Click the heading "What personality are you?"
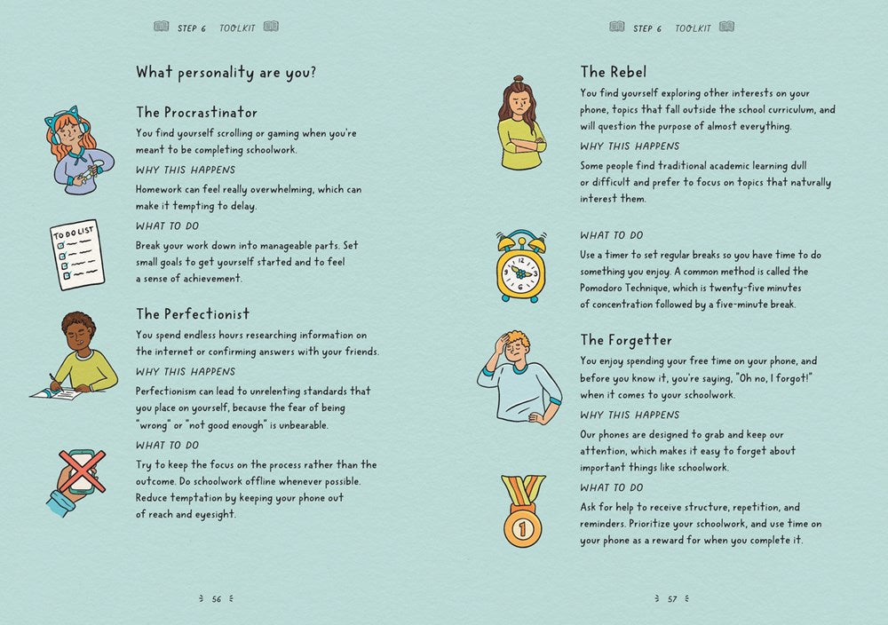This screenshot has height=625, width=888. coord(226,73)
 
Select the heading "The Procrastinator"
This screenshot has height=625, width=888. coord(196,113)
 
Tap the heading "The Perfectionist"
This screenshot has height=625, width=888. coord(193,314)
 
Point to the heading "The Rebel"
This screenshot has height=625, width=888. coord(614,72)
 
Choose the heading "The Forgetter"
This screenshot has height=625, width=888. coord(626,340)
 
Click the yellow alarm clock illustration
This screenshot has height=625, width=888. coord(521,266)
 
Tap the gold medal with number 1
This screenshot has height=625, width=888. coord(523,512)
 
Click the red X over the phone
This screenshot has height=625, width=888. coord(82,471)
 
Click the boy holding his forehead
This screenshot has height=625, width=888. coord(519,377)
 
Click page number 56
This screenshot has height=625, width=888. coord(216,599)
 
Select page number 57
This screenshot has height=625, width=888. coord(671,599)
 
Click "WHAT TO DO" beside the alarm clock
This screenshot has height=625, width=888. coord(612,235)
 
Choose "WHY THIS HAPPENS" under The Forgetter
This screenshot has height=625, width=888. coord(630,415)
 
